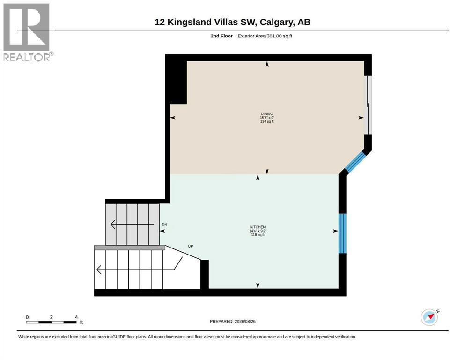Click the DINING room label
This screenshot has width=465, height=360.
[267, 113]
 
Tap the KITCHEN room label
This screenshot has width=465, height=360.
[258, 227]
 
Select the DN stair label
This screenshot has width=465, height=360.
[164, 225]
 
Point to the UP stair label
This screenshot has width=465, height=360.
[191, 246]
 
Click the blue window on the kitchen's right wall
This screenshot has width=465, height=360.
[342, 233]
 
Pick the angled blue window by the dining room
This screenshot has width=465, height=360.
[354, 162]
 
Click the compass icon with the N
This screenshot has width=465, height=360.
[430, 317]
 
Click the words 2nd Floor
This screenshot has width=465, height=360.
[221, 36]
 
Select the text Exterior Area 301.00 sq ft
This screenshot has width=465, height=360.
[265, 36]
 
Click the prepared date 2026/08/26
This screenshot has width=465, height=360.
[245, 321]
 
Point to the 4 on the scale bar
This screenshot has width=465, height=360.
[76, 317]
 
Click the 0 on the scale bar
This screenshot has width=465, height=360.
[27, 317]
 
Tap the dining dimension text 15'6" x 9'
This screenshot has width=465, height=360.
[267, 118]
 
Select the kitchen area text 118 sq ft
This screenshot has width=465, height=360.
[258, 235]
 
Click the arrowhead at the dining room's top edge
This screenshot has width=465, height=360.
[267, 64]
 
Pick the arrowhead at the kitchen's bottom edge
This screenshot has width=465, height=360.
[258, 285]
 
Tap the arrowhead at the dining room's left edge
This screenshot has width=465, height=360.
[173, 118]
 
